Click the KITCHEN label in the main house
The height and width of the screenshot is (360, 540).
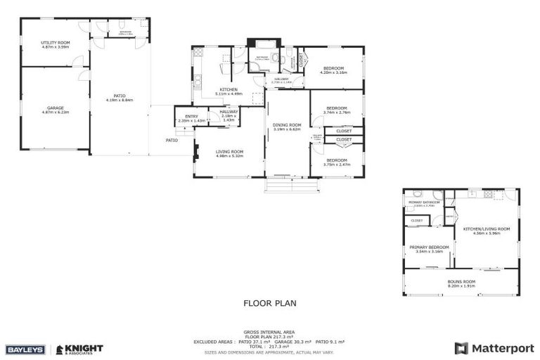pos(229,89)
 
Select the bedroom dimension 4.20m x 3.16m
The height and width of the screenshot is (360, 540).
pos(333,72)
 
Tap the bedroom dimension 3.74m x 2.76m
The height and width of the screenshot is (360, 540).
pos(336,112)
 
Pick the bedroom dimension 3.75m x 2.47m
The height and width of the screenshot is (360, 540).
pos(336,164)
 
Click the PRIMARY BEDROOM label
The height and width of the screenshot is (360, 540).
pos(429,247)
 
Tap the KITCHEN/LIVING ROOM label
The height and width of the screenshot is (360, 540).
pos(487,229)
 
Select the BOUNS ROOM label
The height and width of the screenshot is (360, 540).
pos(461,282)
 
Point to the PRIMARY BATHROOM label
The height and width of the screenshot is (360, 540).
pos(424,202)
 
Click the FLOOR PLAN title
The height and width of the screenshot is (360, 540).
pos(270,304)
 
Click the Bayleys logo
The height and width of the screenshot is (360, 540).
pos(27,349)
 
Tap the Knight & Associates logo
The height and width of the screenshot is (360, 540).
pos(79,349)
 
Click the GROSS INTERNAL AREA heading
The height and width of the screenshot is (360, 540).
pos(269,332)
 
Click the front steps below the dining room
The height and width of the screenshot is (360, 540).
pos(291,186)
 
